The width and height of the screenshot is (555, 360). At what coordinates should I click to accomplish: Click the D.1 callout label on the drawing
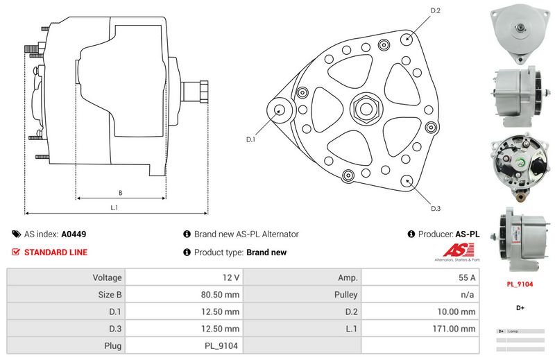[251, 139]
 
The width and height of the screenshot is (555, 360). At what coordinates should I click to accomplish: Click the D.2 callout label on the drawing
[436, 10]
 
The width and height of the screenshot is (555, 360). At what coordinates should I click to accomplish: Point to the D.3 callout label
[436, 208]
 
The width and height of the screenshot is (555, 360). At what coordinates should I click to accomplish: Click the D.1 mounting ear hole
[280, 110]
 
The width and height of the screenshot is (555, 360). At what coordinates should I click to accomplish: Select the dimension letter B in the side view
[120, 193]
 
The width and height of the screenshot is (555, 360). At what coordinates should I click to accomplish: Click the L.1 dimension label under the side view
[114, 207]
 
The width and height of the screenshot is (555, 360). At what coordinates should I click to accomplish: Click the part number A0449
[74, 234]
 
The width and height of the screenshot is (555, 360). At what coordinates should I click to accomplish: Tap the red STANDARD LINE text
[55, 252]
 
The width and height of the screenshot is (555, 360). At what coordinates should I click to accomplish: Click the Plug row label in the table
[112, 345]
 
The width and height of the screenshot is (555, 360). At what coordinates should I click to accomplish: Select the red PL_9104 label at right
[520, 284]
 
